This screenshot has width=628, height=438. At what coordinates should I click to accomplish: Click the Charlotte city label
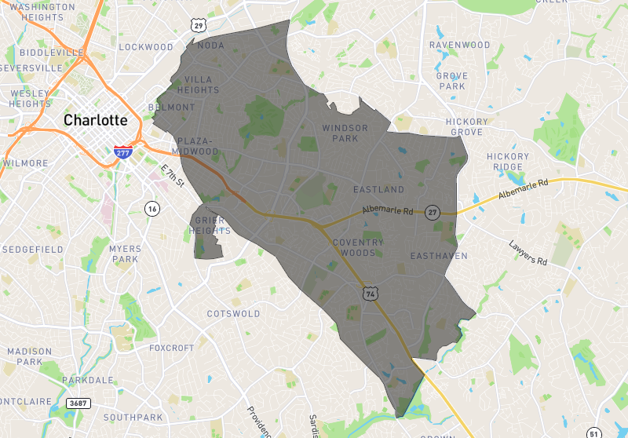95,121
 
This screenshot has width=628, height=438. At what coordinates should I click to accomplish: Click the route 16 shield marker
152,208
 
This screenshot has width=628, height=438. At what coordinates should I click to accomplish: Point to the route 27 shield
432,213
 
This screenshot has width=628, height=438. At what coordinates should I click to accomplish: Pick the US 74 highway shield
369,293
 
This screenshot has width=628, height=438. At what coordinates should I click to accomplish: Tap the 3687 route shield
77,403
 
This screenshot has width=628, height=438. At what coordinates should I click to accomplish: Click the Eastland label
378,190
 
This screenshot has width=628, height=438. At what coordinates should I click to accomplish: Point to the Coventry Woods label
359,247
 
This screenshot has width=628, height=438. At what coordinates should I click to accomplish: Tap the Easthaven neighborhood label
439,257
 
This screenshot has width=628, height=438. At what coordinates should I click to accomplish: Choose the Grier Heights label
212,226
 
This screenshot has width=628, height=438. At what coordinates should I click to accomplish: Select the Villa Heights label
203,85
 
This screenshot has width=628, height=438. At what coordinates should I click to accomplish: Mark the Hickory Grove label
466,127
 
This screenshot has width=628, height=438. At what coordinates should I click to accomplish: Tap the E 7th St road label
171,176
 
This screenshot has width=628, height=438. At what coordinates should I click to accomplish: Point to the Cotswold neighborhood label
233,314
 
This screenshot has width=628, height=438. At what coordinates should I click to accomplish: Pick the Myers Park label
125,254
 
